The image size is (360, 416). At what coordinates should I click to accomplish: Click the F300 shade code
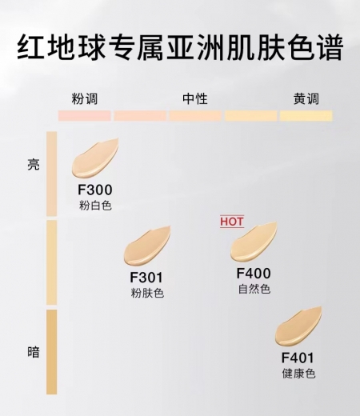(x=95, y=190)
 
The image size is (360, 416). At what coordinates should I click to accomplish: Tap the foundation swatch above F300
(x=94, y=158)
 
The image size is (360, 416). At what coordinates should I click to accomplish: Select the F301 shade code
(x=146, y=278)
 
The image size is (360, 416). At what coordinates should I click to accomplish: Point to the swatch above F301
(x=146, y=246)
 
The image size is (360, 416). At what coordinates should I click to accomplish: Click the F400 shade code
(x=254, y=274)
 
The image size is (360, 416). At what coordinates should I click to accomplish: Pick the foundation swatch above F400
(x=254, y=242)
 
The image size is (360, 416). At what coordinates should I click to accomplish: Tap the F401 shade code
(x=298, y=358)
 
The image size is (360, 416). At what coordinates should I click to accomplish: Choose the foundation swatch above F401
(x=298, y=326)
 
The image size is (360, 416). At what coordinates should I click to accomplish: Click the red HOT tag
(x=232, y=222)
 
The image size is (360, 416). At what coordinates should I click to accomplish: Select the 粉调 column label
(x=85, y=99)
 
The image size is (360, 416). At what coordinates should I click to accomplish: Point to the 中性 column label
(x=195, y=99)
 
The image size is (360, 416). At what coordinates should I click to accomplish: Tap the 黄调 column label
(x=306, y=99)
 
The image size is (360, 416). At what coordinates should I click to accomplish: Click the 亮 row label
(x=34, y=165)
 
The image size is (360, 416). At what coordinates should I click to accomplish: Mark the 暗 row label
(x=34, y=352)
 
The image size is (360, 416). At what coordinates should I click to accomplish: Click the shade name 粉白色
(x=95, y=206)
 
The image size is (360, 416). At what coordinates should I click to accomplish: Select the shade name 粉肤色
(x=147, y=293)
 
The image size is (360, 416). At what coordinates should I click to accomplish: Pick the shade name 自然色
(x=254, y=289)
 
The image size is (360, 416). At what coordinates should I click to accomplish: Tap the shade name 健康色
(x=298, y=374)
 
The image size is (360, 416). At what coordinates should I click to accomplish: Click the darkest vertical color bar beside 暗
(x=51, y=352)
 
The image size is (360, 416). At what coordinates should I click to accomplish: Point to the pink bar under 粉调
(x=85, y=116)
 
